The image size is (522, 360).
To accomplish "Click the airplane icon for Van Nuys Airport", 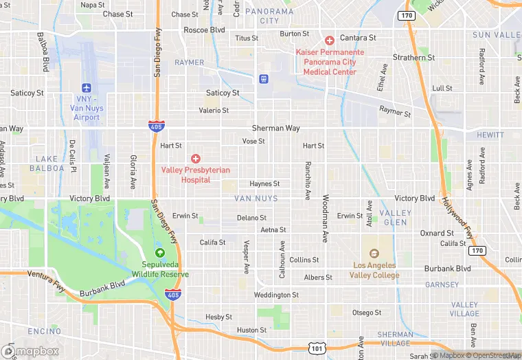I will pyautogui.click(x=87, y=88).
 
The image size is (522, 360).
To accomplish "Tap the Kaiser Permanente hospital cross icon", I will pyautogui.click(x=330, y=41).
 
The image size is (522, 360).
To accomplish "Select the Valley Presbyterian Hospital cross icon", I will pyautogui.click(x=196, y=159).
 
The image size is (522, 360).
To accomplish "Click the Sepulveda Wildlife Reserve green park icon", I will pyautogui.click(x=160, y=252).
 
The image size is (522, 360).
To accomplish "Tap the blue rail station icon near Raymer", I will pyautogui.click(x=263, y=79).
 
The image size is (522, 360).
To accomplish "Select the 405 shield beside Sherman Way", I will pyautogui.click(x=156, y=126).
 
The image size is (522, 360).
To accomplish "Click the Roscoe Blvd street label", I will pyautogui.click(x=204, y=30).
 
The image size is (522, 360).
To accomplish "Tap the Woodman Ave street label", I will pyautogui.click(x=324, y=218).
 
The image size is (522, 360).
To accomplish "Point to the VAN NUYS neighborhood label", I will pyautogui.click(x=256, y=199).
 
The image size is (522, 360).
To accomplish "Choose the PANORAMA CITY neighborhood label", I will pyautogui.click(x=269, y=16).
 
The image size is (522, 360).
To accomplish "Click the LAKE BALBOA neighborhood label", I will pyautogui.click(x=47, y=164).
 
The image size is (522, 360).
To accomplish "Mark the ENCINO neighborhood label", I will pyautogui.click(x=45, y=331).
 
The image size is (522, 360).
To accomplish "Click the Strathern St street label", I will pyautogui.click(x=414, y=58).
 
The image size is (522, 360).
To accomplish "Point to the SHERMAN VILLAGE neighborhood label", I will pyautogui.click(x=395, y=339).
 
